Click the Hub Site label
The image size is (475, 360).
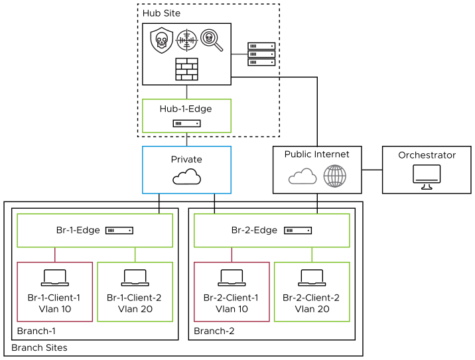tap(161, 13)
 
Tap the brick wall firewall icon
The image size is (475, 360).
tap(186, 69)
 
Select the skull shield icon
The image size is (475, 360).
tap(161, 40)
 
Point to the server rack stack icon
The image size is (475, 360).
tap(261, 54)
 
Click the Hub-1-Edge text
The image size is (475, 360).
tap(186, 109)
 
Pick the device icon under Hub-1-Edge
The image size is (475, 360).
tap(186, 123)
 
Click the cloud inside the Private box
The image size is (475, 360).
tap(186, 177)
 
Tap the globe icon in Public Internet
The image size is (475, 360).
tap(334, 176)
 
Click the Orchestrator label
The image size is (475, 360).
tap(427, 155)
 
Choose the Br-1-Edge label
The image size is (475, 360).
tap(78, 230)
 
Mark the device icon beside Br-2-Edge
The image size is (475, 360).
tap(298, 231)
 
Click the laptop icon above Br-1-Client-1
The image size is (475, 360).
tap(54, 277)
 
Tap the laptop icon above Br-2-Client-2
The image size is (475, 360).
tap(312, 277)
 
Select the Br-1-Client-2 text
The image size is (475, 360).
tap(135, 298)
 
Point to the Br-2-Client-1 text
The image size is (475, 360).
tap(232, 298)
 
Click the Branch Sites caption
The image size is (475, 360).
tap(39, 347)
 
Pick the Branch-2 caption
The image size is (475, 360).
tap(214, 331)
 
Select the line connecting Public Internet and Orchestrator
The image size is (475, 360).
tap(372, 170)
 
